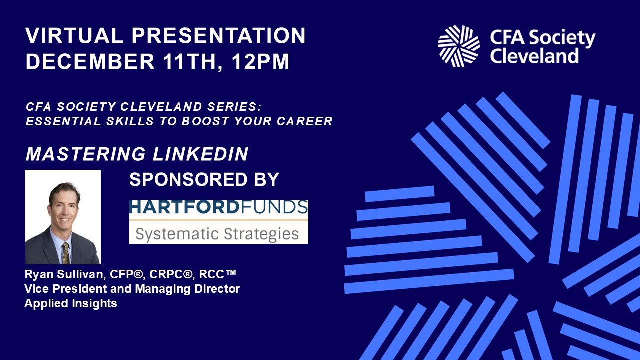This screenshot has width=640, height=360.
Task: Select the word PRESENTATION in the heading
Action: [x=219, y=35]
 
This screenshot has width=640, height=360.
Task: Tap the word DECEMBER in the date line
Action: [x=90, y=61]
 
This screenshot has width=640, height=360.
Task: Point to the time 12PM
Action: [x=260, y=61]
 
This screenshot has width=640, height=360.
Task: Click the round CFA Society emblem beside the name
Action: [x=459, y=46]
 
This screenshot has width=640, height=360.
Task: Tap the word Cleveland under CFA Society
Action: [x=534, y=56]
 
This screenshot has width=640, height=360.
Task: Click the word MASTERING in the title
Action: [x=85, y=154]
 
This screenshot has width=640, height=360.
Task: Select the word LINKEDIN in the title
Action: [x=200, y=154]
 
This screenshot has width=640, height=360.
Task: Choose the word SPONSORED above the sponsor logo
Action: [x=188, y=179]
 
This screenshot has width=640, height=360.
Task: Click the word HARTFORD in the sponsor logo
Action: [x=184, y=207]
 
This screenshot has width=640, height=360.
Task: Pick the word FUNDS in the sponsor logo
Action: [x=273, y=207]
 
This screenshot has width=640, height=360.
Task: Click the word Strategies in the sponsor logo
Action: [x=261, y=234]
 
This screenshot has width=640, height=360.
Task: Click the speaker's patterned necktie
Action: [x=66, y=253]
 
